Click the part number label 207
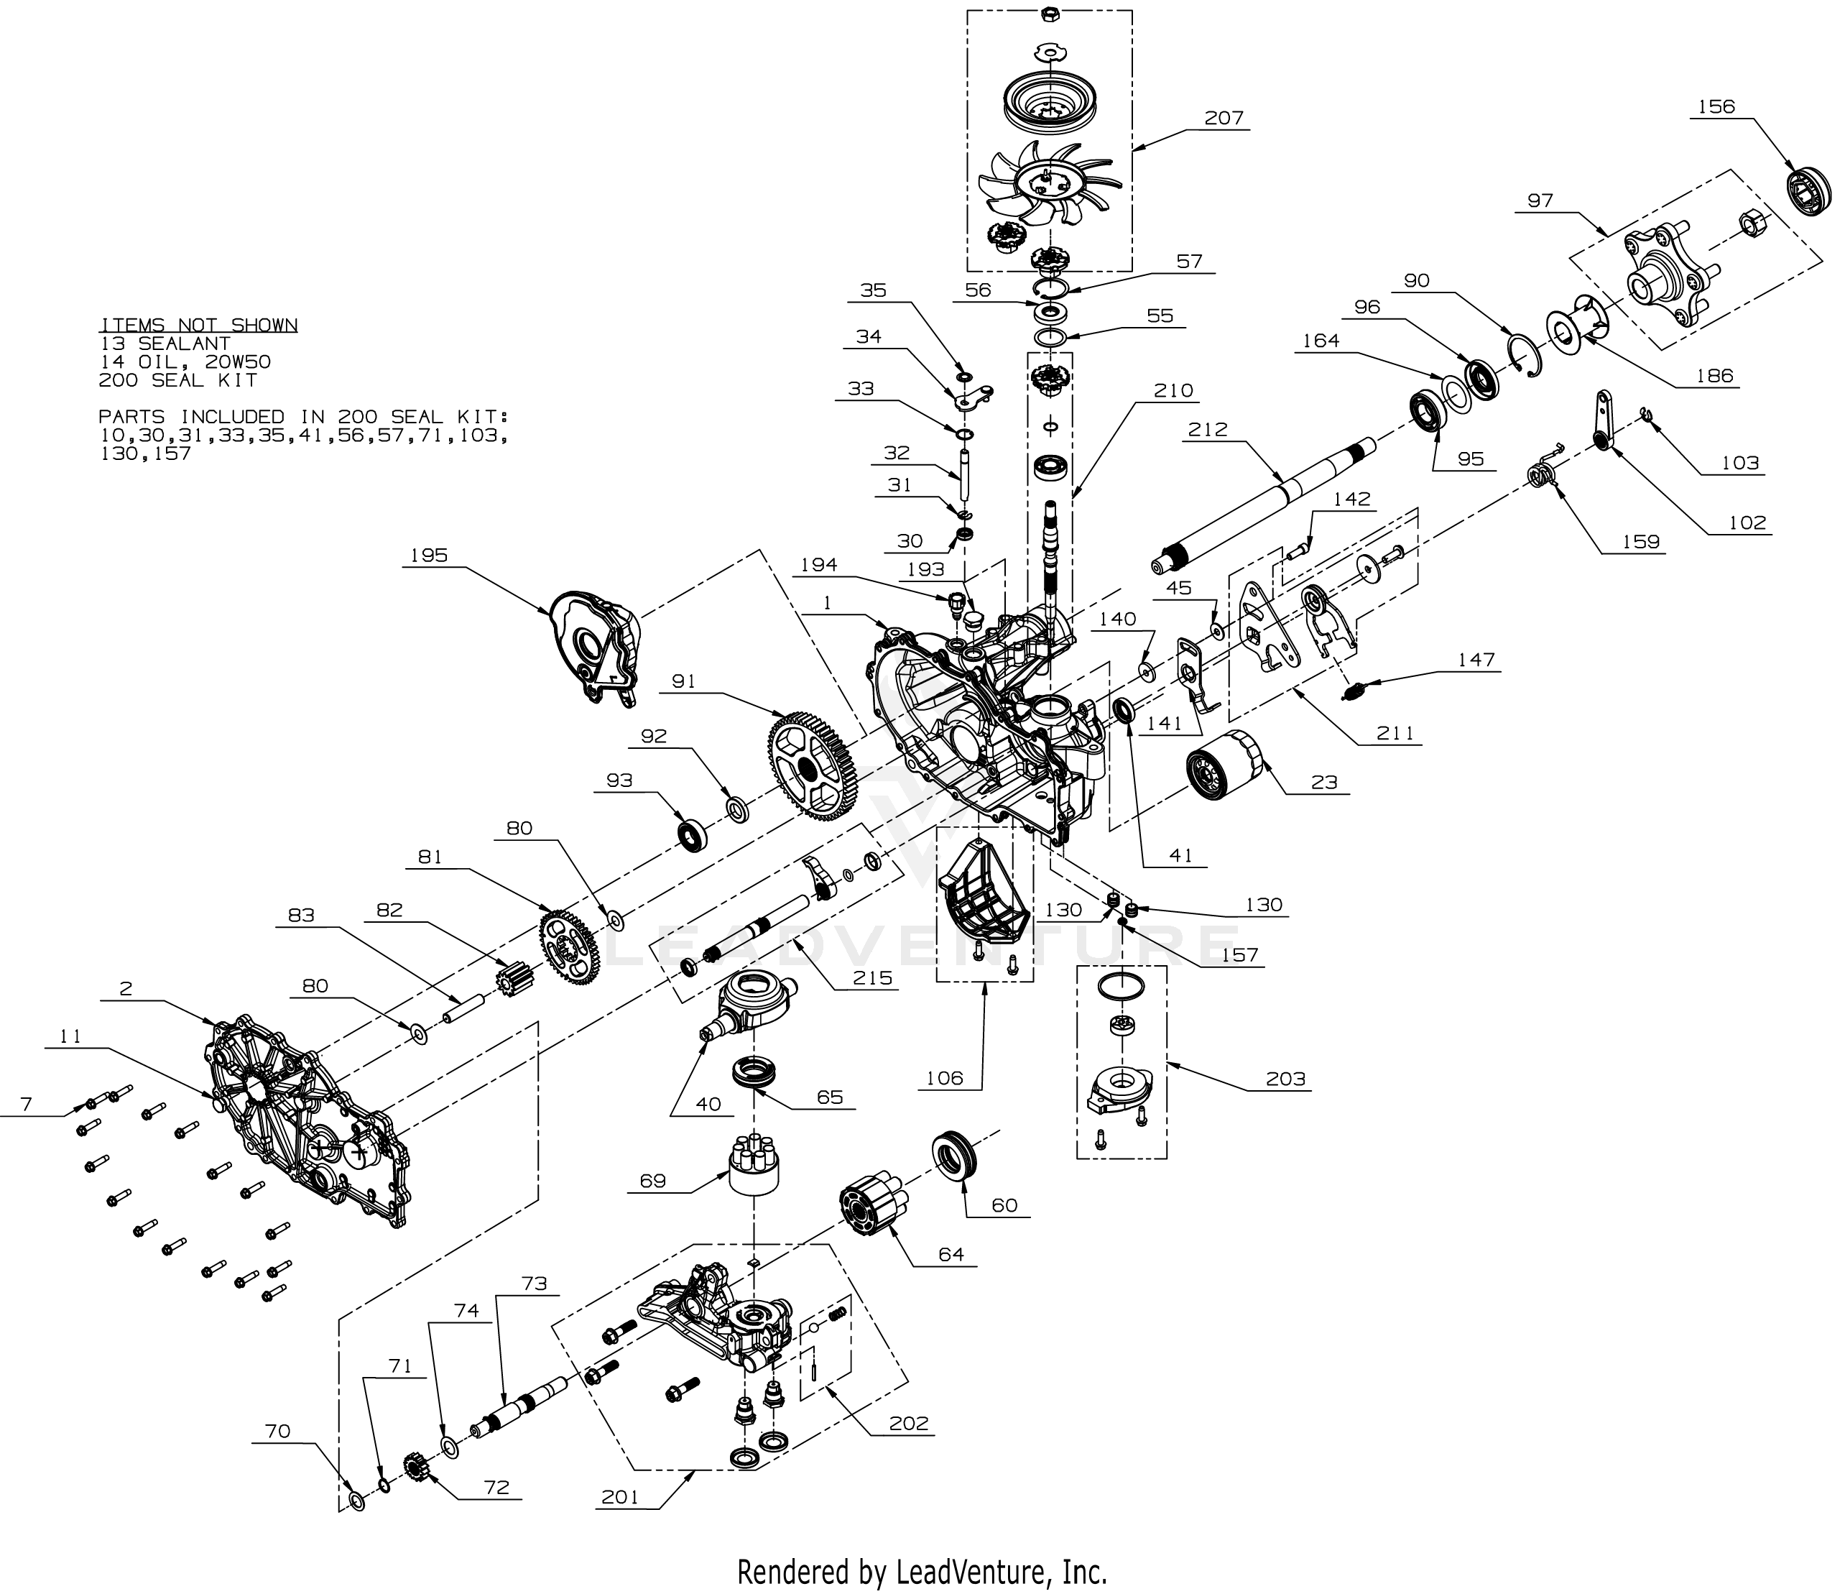pos(1224,119)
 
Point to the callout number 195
pos(428,556)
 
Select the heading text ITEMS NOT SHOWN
pos(198,325)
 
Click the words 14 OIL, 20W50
pos(185,362)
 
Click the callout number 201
pos(620,1497)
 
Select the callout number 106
pos(944,1079)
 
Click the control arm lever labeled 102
pos(1603,418)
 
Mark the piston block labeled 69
pos(754,1164)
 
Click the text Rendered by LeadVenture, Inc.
pos(922,1571)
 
